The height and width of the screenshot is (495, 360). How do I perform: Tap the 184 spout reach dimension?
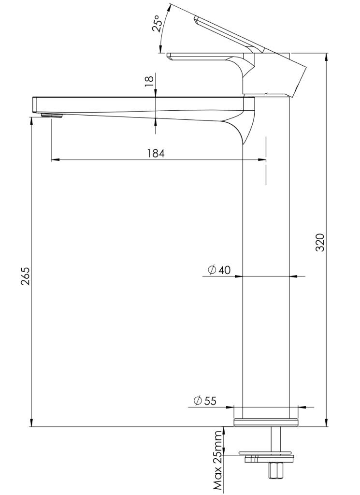tap(156, 153)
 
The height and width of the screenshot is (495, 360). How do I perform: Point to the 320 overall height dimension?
tap(320, 243)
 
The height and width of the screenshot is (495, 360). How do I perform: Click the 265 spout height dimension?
tap(25, 276)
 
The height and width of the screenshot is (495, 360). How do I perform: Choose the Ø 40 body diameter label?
tap(219, 270)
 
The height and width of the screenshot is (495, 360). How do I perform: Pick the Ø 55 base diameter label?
tap(205, 401)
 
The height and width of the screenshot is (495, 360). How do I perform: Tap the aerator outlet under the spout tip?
tap(52, 115)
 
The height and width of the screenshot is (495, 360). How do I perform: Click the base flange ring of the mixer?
tap(266, 422)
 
